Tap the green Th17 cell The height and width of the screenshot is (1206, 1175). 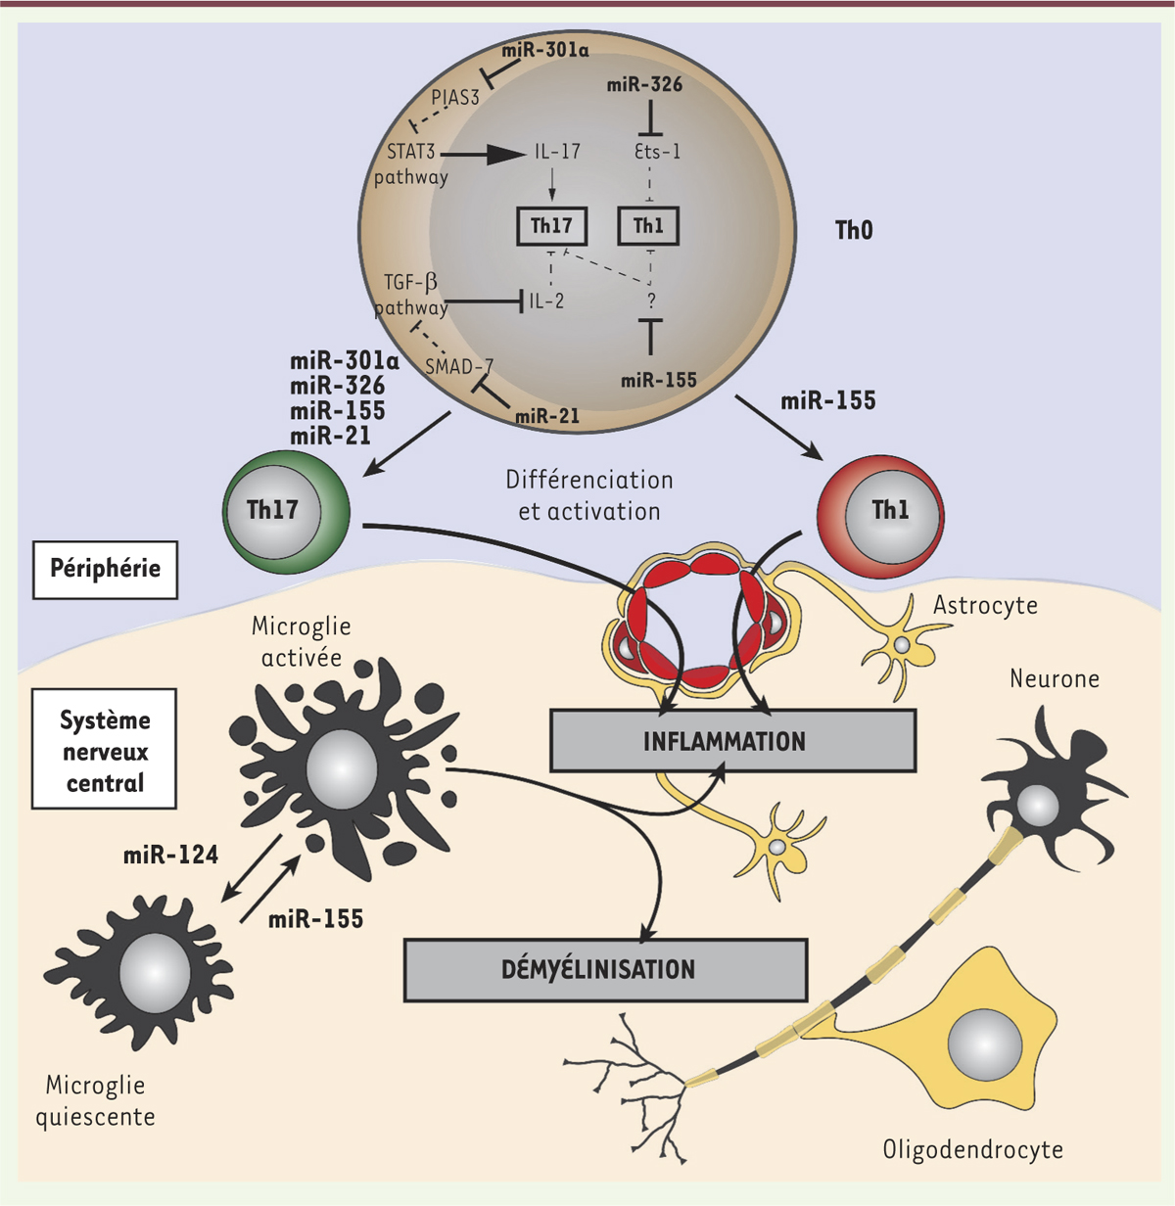tap(286, 511)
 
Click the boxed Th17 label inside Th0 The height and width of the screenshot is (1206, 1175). tap(551, 227)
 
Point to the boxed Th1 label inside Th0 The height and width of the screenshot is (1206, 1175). tap(648, 227)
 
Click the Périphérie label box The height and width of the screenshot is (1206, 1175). tap(106, 569)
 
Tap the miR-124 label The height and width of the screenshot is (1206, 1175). tap(170, 856)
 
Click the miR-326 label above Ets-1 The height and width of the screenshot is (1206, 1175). tap(644, 85)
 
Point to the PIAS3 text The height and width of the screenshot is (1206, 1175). tap(455, 98)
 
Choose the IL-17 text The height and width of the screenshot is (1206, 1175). tap(557, 152)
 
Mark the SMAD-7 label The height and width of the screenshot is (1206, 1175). tap(458, 367)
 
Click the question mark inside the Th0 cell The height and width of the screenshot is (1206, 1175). tap(651, 301)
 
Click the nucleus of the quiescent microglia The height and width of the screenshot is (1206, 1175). tap(154, 971)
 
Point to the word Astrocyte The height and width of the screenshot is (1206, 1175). tap(984, 606)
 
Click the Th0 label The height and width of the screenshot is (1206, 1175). tap(854, 231)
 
